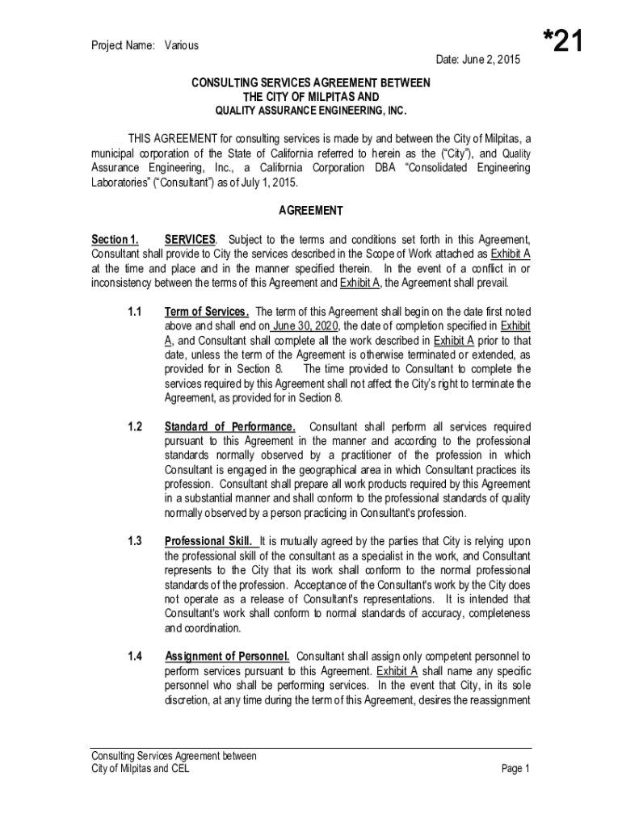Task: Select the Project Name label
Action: [122, 46]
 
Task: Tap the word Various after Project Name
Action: [182, 46]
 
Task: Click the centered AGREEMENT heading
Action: [310, 211]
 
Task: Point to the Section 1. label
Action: [114, 240]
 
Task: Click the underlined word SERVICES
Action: [190, 240]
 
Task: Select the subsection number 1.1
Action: [135, 312]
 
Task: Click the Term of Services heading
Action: [206, 312]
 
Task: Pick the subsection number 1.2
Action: [135, 426]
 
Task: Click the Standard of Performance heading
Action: [229, 426]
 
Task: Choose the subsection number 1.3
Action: [135, 541]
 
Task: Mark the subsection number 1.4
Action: [135, 656]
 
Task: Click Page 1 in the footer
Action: [515, 769]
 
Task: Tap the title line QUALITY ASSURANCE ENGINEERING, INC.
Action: [310, 111]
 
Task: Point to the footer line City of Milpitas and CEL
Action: [141, 769]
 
